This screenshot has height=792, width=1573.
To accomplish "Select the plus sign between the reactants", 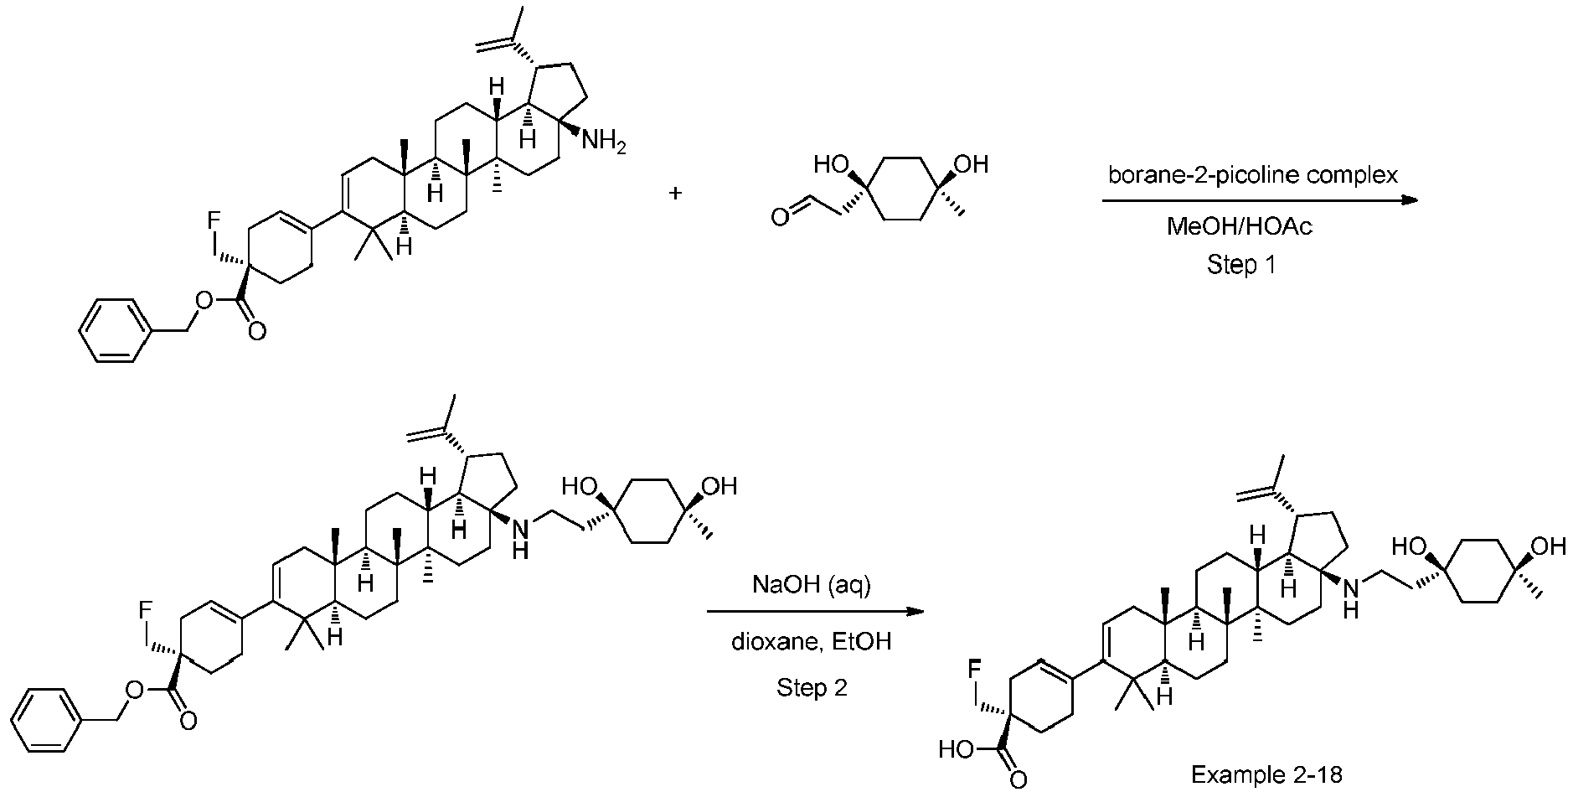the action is click(x=675, y=194).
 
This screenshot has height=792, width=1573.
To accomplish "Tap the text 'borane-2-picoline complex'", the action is click(x=1253, y=176).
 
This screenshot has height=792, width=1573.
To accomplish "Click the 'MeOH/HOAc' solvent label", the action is click(x=1240, y=226).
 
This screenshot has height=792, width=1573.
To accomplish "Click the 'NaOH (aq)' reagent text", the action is click(x=812, y=585).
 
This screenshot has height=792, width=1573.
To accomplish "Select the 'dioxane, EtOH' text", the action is click(x=812, y=642).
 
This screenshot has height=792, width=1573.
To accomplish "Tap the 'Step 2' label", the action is click(x=812, y=688).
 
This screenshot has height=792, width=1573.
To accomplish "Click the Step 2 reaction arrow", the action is click(x=815, y=612).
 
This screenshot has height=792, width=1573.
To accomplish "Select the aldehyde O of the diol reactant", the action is click(x=779, y=219).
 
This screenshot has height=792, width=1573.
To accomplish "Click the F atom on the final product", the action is click(x=974, y=669).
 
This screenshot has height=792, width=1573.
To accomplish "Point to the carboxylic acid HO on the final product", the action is click(x=956, y=748).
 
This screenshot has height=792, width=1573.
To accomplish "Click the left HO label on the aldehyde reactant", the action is click(x=832, y=165).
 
